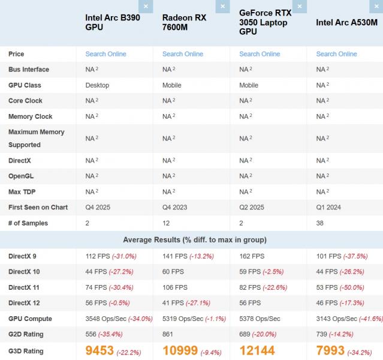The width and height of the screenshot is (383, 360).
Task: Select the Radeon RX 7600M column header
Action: tap(184, 22)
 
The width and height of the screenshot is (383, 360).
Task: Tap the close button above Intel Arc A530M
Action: tap(376, 7)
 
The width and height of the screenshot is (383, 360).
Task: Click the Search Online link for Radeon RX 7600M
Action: tap(183, 54)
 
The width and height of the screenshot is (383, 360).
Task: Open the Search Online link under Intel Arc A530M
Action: tap(336, 54)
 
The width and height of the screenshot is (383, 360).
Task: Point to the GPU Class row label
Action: tap(25, 85)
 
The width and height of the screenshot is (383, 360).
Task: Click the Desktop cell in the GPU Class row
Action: tap(98, 85)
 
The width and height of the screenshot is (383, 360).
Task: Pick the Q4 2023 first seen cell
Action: tap(174, 207)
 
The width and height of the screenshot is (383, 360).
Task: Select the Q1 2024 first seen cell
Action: tap(328, 207)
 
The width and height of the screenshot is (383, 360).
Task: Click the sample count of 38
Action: tap(320, 223)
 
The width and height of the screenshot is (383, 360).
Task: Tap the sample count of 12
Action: tap(166, 223)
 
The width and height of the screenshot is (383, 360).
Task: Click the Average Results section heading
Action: tap(195, 240)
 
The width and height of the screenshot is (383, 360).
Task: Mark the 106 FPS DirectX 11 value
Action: tap(174, 287)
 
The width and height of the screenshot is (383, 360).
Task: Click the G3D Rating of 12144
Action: tap(261, 350)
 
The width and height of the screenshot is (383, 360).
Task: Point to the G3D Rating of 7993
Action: tap(333, 350)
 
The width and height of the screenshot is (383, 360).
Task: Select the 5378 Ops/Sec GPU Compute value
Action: tap(260, 319)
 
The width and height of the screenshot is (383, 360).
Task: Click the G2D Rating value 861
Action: tap(168, 334)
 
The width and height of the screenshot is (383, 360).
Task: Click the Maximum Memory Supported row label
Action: tap(36, 138)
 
